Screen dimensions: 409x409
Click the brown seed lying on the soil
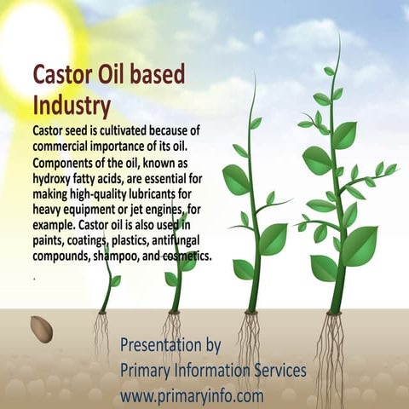click(41, 328)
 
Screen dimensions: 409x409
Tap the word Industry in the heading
click(72, 107)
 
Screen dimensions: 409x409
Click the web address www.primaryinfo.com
click(192, 395)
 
